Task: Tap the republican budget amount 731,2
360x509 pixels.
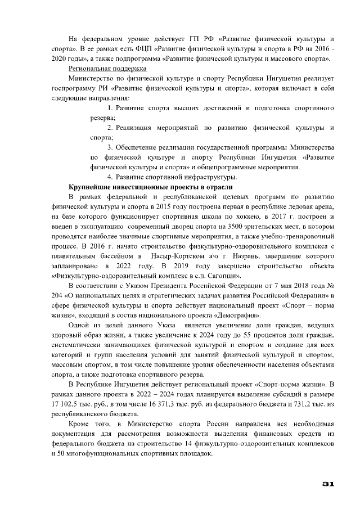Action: [301, 404]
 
